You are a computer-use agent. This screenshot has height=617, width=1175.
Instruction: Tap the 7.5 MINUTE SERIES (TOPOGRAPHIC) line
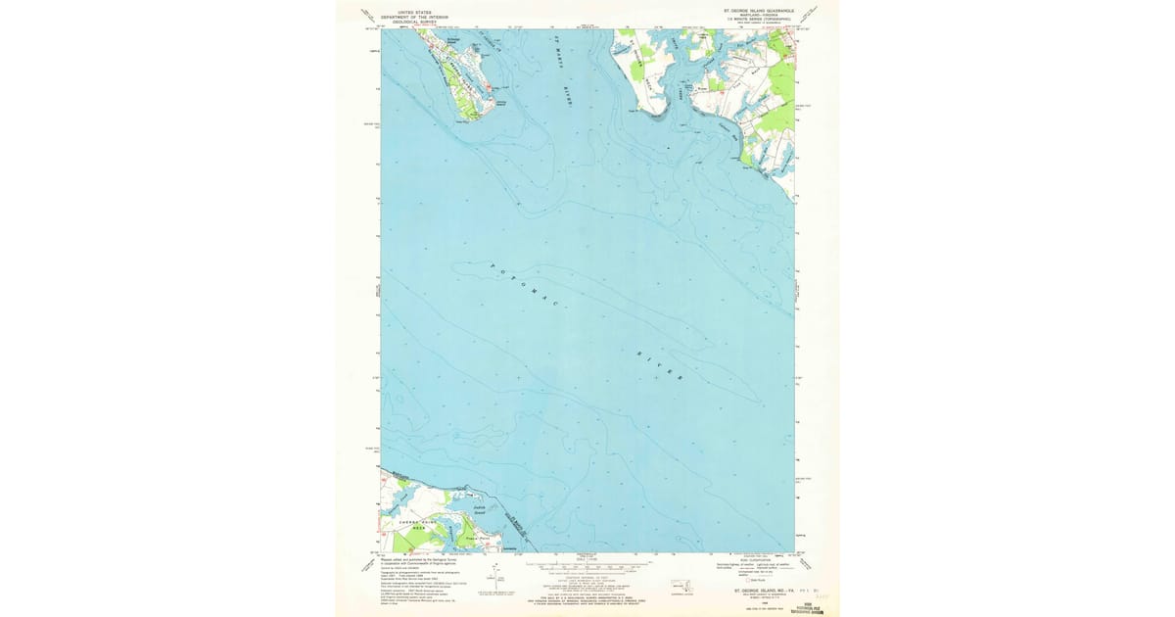click(x=761, y=21)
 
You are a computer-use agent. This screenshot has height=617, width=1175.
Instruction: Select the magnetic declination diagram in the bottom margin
click(x=506, y=580)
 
